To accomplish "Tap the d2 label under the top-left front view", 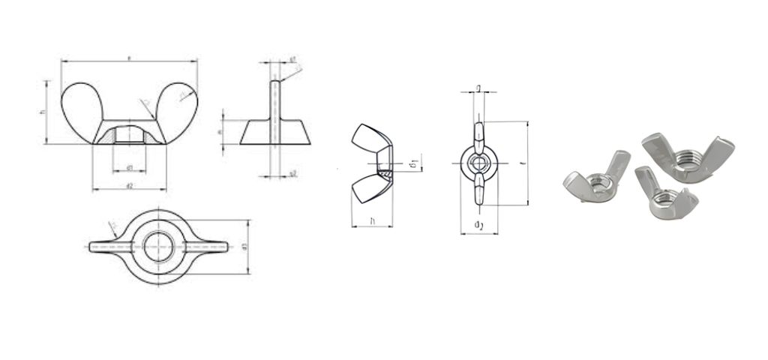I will (x=129, y=185).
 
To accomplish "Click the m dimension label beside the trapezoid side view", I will (x=219, y=131).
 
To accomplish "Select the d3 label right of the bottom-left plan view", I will (x=244, y=247).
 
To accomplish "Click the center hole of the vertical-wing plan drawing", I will (x=478, y=163).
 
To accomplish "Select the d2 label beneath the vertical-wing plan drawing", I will (x=478, y=226).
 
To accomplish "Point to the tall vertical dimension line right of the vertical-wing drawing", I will (x=528, y=163).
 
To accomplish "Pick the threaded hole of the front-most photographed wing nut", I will (x=661, y=198).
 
